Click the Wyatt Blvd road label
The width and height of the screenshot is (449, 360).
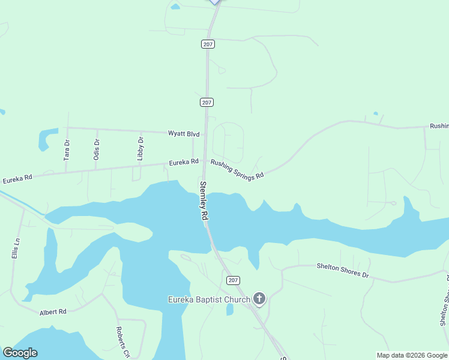click(x=183, y=134)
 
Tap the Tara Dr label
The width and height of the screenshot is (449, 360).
click(x=67, y=149)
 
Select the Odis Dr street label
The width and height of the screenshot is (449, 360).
click(x=97, y=149)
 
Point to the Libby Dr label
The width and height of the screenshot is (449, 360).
click(x=140, y=149)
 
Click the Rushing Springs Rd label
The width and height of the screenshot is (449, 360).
click(x=237, y=169)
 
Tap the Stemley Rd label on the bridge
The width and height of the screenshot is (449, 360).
click(x=204, y=201)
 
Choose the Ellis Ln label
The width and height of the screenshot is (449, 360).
click(x=16, y=247)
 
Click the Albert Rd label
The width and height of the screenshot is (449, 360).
click(x=53, y=312)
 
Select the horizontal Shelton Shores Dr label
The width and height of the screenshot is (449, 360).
click(x=342, y=270)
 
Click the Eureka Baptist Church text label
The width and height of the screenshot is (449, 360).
click(x=208, y=299)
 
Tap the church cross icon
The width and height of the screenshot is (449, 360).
click(x=259, y=298)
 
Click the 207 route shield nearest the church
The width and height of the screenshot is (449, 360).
click(x=234, y=280)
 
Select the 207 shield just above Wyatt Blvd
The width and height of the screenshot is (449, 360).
click(x=206, y=103)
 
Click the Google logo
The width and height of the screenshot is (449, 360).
click(x=20, y=353)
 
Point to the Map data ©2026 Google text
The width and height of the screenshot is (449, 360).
click(x=412, y=355)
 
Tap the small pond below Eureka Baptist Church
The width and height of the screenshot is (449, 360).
click(x=230, y=310)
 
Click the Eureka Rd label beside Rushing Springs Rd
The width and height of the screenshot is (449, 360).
click(x=184, y=162)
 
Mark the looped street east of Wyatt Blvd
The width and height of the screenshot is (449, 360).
click(x=228, y=139)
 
